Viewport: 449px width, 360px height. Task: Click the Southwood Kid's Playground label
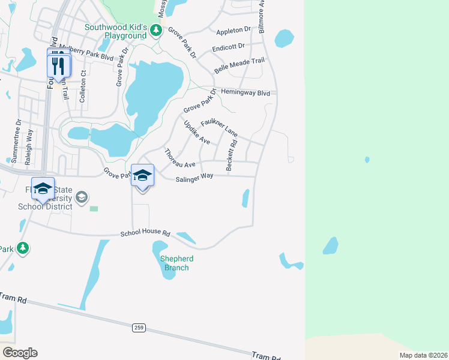[115, 31]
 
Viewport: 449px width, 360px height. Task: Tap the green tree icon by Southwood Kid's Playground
[156, 29]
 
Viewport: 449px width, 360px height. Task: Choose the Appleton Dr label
[233, 29]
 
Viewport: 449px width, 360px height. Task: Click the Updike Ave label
[196, 133]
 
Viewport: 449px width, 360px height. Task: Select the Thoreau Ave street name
[180, 158]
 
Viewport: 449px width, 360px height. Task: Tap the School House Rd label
[145, 233]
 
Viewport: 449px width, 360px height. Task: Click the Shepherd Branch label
[174, 263]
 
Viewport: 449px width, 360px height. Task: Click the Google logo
[20, 353]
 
